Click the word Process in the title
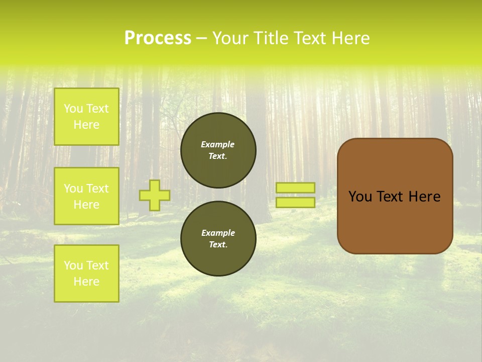(x=158, y=38)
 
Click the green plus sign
(x=155, y=195)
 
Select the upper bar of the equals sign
(x=295, y=188)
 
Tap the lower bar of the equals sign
(x=295, y=202)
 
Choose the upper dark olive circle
(x=218, y=150)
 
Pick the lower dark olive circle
(x=218, y=238)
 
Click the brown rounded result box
(x=395, y=196)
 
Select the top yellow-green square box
(x=86, y=117)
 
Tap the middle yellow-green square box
(x=86, y=196)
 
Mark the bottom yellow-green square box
(x=86, y=273)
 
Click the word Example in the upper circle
(x=218, y=144)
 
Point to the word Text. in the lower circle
(x=218, y=244)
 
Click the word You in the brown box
(x=360, y=197)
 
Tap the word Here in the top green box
(x=86, y=125)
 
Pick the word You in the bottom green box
(x=73, y=265)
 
